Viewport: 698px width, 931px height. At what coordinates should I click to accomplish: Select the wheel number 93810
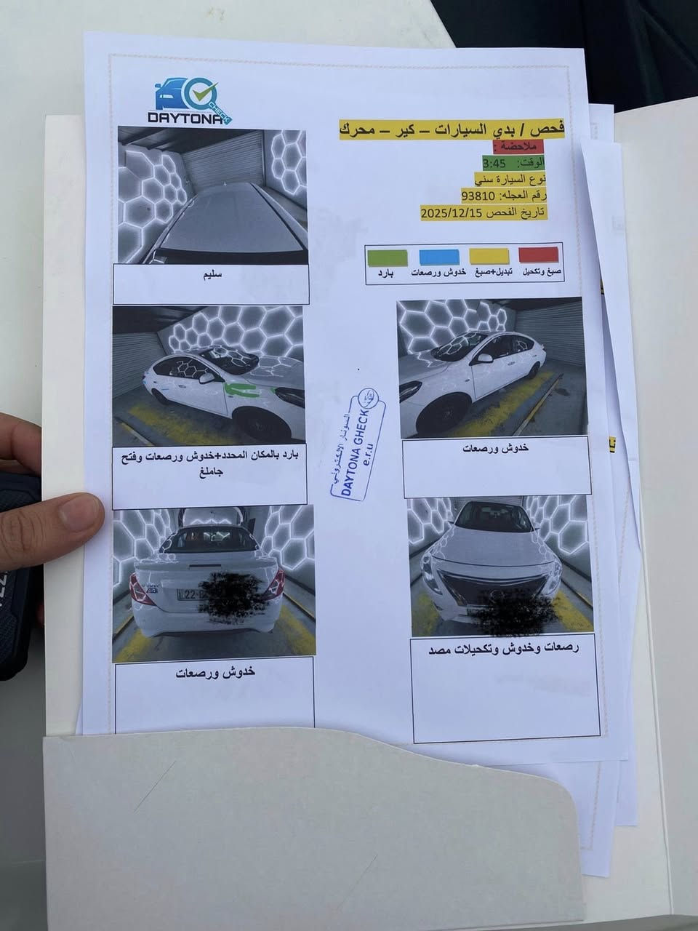478,196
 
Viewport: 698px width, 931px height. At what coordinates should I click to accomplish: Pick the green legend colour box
387,257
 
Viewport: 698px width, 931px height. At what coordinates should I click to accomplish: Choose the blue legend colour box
438,257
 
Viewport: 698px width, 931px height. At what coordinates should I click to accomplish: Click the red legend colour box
538,255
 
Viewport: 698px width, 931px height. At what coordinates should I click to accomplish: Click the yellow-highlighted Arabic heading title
452,129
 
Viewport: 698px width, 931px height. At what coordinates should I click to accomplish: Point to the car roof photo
212,196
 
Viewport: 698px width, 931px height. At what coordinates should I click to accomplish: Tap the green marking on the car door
241,389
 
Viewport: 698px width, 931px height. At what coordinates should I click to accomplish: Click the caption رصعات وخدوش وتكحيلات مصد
503,650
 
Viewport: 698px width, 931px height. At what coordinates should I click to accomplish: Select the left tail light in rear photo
142,588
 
